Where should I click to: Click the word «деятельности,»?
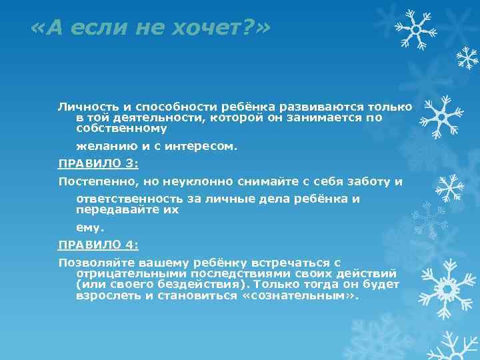pyautogui.click(x=155, y=117)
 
